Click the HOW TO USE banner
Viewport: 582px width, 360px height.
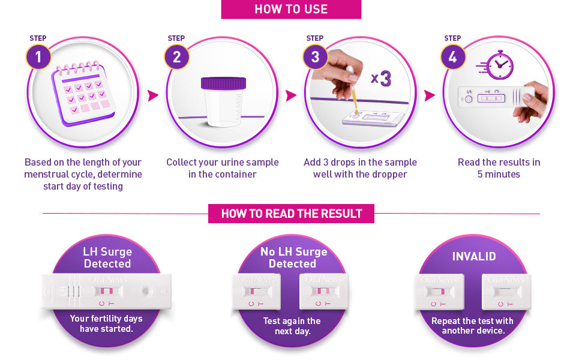click(x=291, y=9)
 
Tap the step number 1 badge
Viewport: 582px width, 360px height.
click(x=38, y=57)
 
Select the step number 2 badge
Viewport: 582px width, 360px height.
click(x=176, y=57)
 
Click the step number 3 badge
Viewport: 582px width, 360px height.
click(x=315, y=57)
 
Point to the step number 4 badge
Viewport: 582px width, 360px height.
click(x=453, y=57)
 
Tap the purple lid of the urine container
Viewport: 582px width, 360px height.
click(x=223, y=83)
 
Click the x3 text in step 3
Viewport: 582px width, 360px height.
click(x=381, y=79)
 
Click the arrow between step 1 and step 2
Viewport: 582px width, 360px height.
click(x=152, y=95)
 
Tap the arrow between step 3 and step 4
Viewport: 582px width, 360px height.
click(x=430, y=95)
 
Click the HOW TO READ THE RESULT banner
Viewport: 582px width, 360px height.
click(x=292, y=214)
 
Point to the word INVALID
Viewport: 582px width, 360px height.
click(x=474, y=256)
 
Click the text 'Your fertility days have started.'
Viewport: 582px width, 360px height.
click(x=106, y=323)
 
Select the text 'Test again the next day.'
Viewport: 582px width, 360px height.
click(x=292, y=326)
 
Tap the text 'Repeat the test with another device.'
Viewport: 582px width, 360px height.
click(x=473, y=325)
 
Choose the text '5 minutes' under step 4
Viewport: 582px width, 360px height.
click(x=499, y=174)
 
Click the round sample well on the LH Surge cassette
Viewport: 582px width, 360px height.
click(x=145, y=292)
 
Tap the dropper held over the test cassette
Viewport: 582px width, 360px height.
click(x=353, y=89)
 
